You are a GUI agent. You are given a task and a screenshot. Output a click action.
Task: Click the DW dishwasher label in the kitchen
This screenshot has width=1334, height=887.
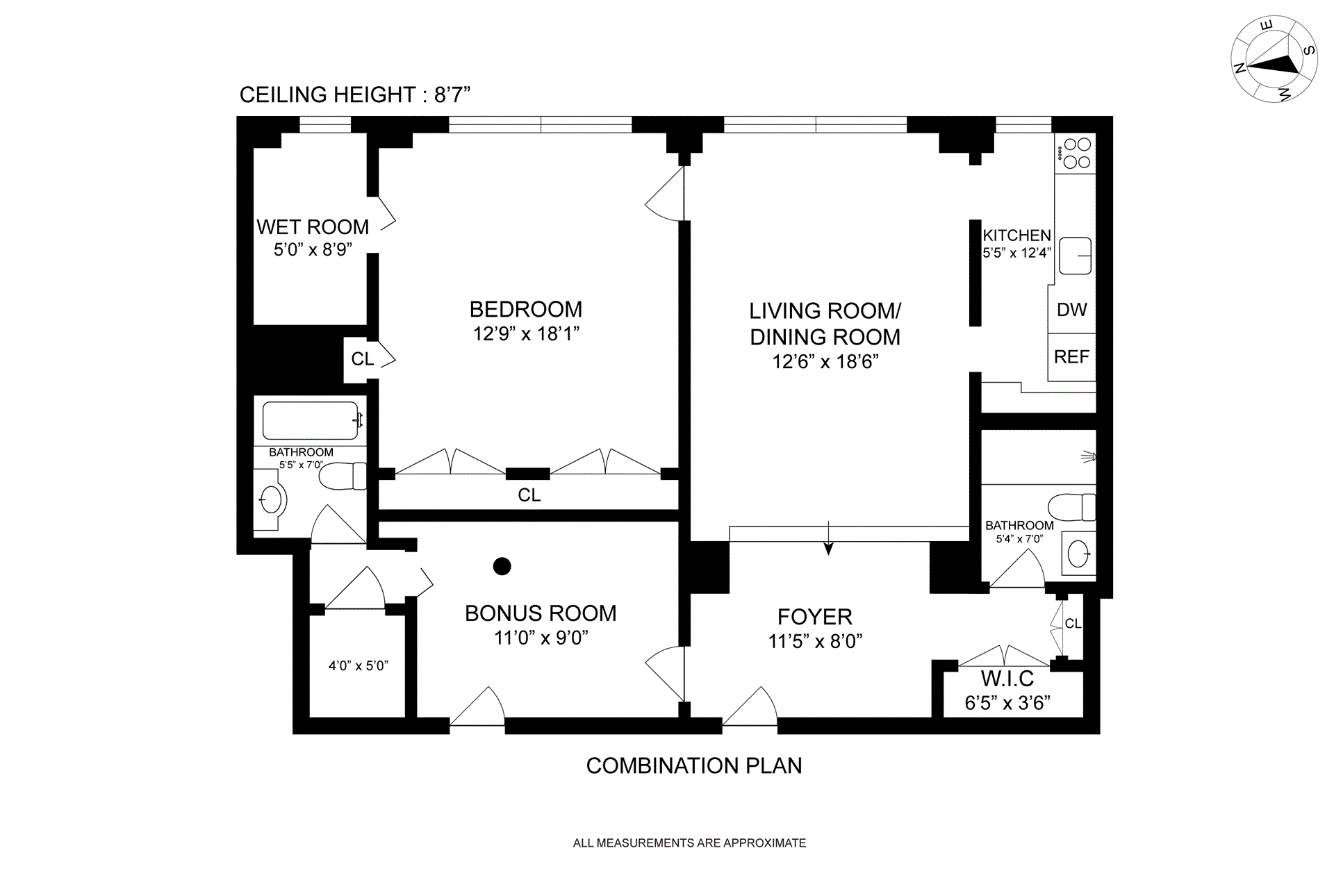click(x=1071, y=310)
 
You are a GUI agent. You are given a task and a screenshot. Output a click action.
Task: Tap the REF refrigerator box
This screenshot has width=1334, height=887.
click(x=1071, y=357)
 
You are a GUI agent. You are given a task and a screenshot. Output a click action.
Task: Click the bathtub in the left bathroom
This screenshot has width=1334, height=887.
click(x=311, y=420)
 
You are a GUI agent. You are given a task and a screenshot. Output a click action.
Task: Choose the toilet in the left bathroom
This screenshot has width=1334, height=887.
click(x=343, y=476)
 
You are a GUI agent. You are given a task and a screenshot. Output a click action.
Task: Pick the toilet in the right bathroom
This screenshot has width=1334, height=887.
click(x=1071, y=506)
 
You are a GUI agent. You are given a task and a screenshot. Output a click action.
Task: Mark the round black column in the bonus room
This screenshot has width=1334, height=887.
click(x=502, y=566)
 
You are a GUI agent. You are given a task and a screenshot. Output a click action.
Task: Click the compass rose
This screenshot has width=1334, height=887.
click(x=1274, y=60)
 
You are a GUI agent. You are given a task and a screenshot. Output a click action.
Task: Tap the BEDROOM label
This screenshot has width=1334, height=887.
click(x=526, y=309)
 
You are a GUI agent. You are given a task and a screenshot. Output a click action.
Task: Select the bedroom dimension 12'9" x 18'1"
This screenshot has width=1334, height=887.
click(x=526, y=334)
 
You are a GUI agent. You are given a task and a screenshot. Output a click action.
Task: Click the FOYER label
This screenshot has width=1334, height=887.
click(x=814, y=617)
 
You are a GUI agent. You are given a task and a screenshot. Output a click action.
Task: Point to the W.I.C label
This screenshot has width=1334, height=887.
click(x=1007, y=678)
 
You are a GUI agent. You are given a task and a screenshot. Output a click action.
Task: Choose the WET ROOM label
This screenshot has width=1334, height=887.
click(x=313, y=227)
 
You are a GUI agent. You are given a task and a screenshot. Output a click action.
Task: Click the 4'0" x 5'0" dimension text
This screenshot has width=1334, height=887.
click(x=358, y=665)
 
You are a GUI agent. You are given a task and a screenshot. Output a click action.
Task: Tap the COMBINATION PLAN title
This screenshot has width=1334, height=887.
click(x=694, y=765)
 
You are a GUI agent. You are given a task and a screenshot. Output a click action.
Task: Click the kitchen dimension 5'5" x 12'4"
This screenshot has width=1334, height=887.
click(x=1016, y=253)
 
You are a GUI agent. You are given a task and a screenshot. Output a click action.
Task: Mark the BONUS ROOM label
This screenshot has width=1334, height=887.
click(x=541, y=613)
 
